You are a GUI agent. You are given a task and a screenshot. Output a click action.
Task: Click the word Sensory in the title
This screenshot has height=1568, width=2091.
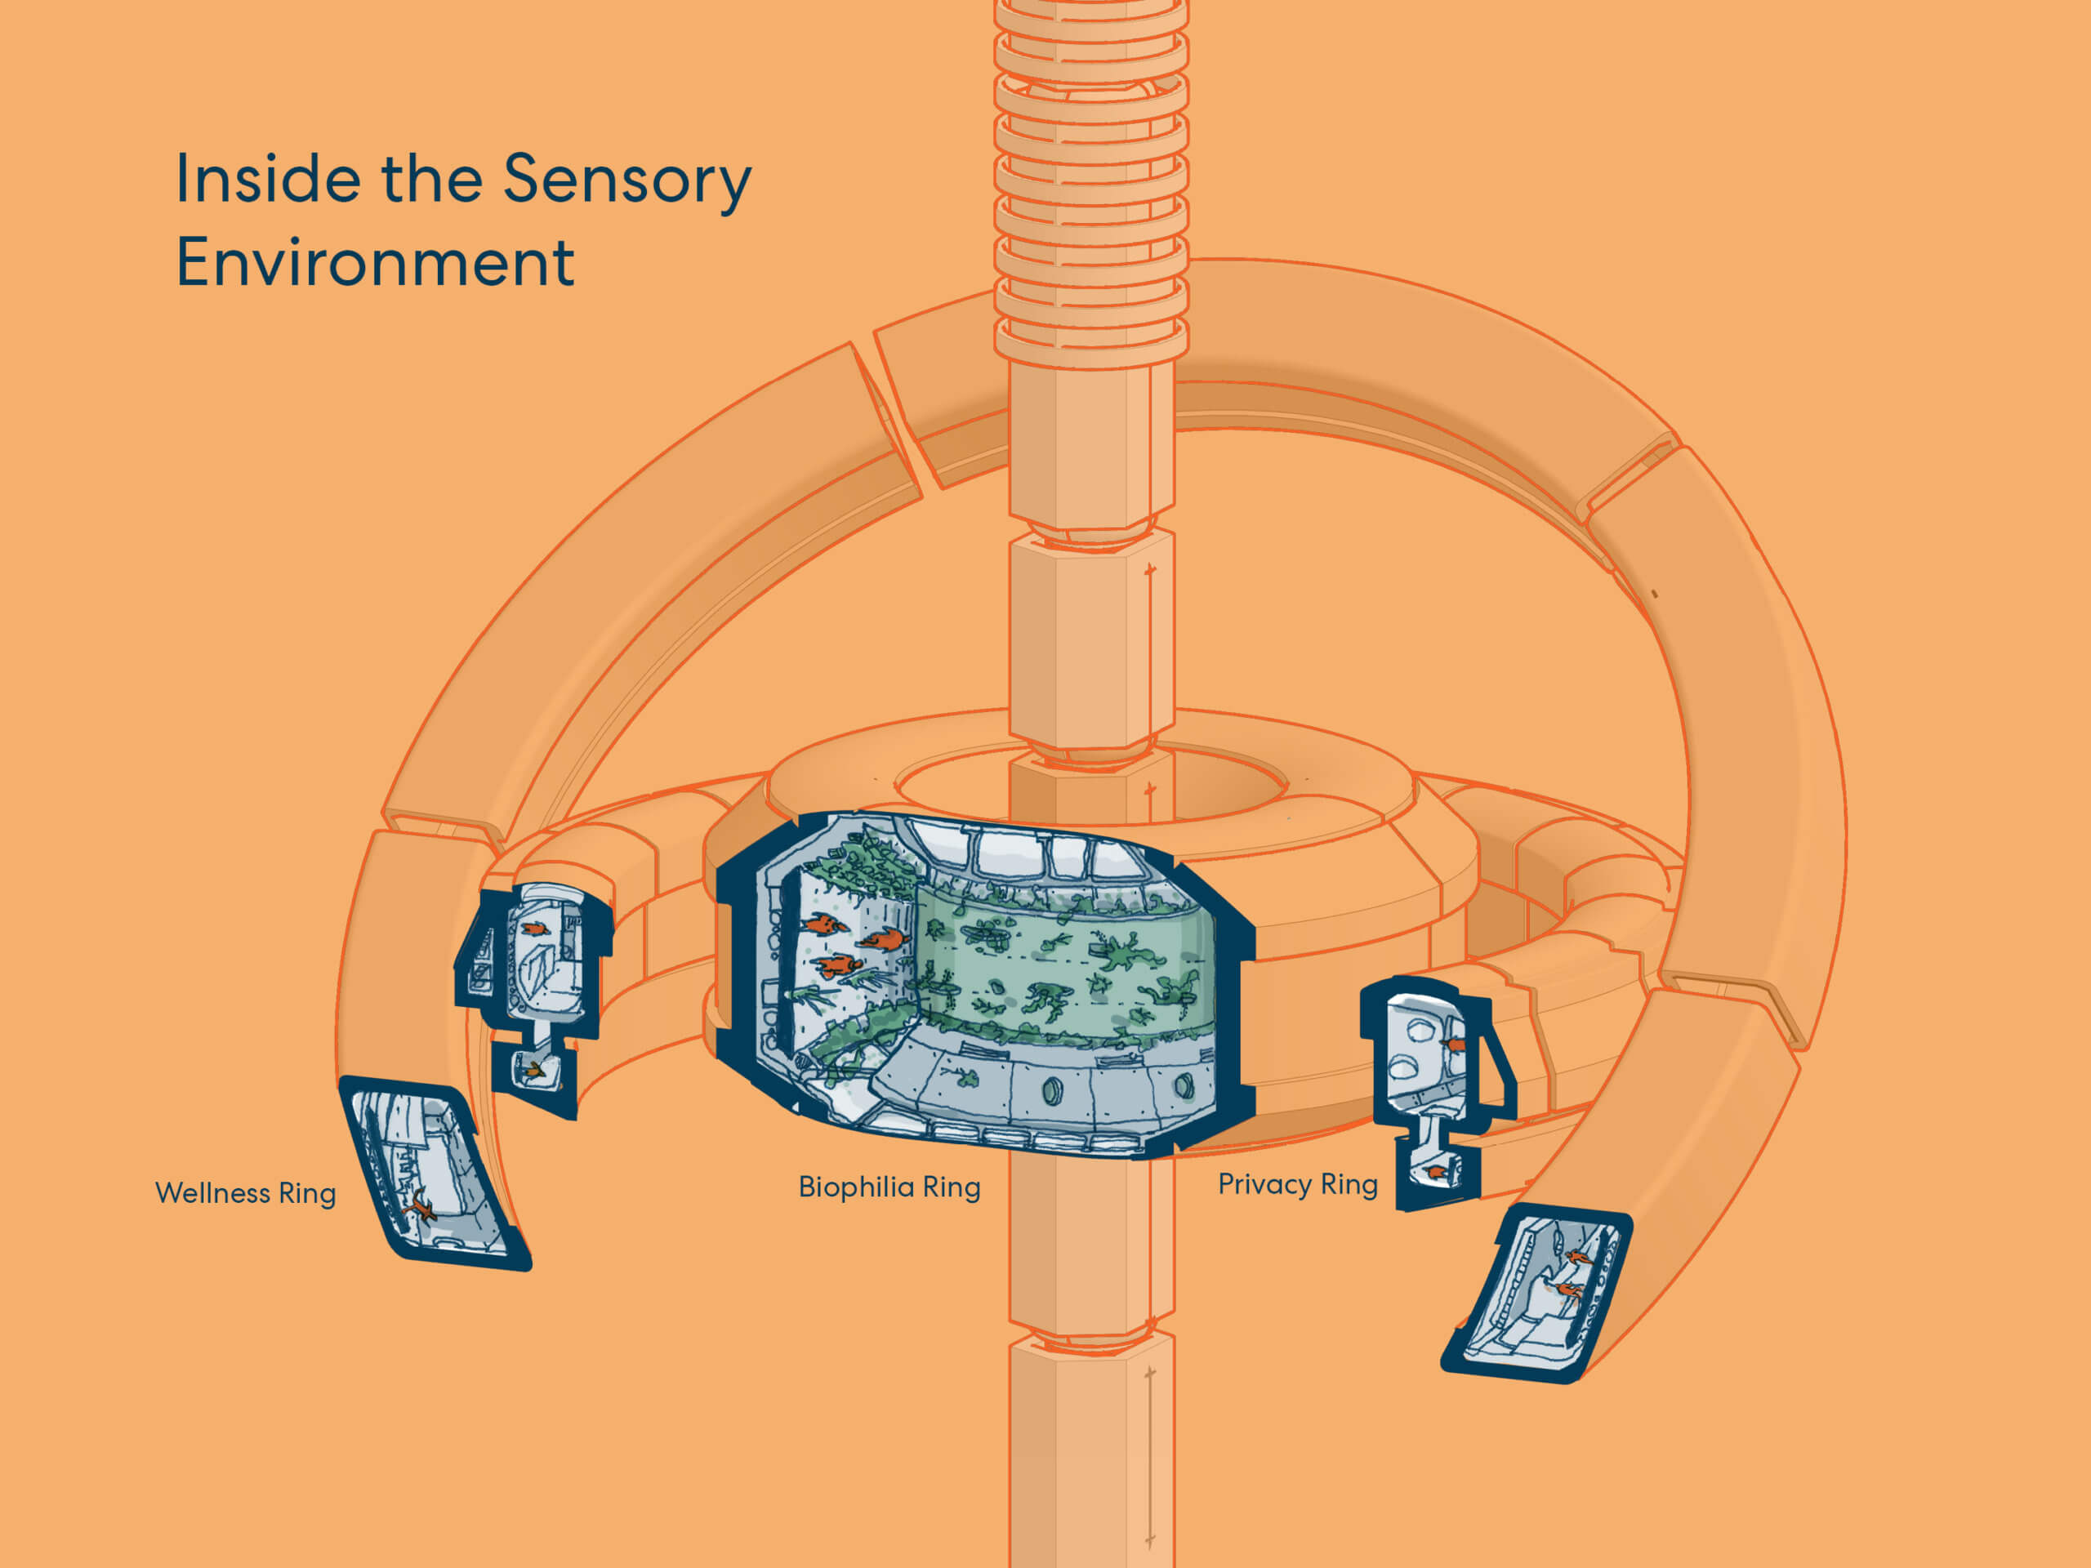626,180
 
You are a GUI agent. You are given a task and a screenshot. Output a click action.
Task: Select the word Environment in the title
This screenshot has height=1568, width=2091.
375,262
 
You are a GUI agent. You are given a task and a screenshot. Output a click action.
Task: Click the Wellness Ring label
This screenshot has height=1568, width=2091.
246,1193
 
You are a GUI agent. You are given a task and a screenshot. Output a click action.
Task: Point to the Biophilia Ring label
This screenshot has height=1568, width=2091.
889,1187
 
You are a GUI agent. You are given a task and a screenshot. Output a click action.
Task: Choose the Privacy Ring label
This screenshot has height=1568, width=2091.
1298,1184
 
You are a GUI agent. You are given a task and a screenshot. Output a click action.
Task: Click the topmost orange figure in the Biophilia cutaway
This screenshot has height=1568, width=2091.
825,924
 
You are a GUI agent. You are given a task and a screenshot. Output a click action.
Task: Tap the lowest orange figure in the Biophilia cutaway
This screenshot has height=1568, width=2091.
840,965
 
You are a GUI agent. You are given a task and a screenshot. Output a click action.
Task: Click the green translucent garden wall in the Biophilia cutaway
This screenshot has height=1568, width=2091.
1063,964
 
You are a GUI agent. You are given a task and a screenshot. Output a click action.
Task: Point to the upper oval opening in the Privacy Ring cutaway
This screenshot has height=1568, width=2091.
1418,1029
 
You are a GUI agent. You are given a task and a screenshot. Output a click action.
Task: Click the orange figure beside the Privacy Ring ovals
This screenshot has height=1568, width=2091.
1456,1045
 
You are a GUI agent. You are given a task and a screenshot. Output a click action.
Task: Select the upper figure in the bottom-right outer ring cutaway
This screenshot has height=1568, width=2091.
1576,1257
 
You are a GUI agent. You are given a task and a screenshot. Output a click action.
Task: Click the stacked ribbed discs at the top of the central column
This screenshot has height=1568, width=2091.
1092,180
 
